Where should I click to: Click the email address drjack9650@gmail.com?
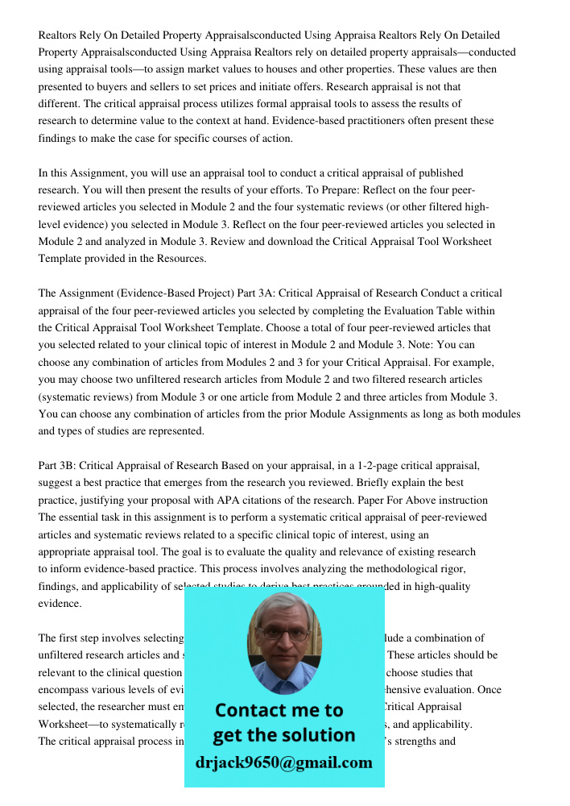point(283,762)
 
